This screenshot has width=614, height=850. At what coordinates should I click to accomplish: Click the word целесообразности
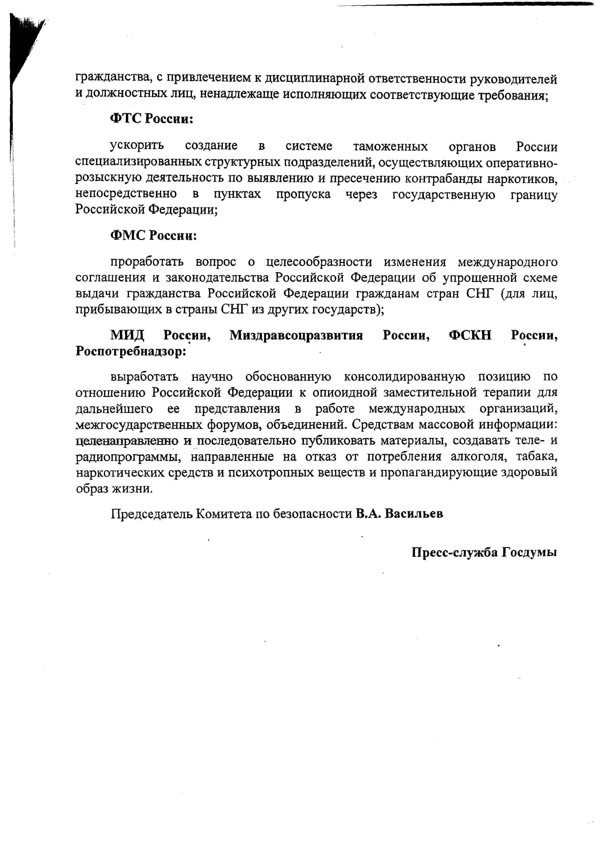(x=319, y=262)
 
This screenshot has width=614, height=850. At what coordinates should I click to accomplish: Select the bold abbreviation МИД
(x=128, y=335)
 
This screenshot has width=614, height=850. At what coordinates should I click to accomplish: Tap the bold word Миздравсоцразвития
(x=296, y=335)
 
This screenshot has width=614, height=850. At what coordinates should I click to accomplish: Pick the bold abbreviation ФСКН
(x=470, y=335)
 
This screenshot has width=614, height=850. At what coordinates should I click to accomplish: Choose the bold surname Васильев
(x=414, y=513)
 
